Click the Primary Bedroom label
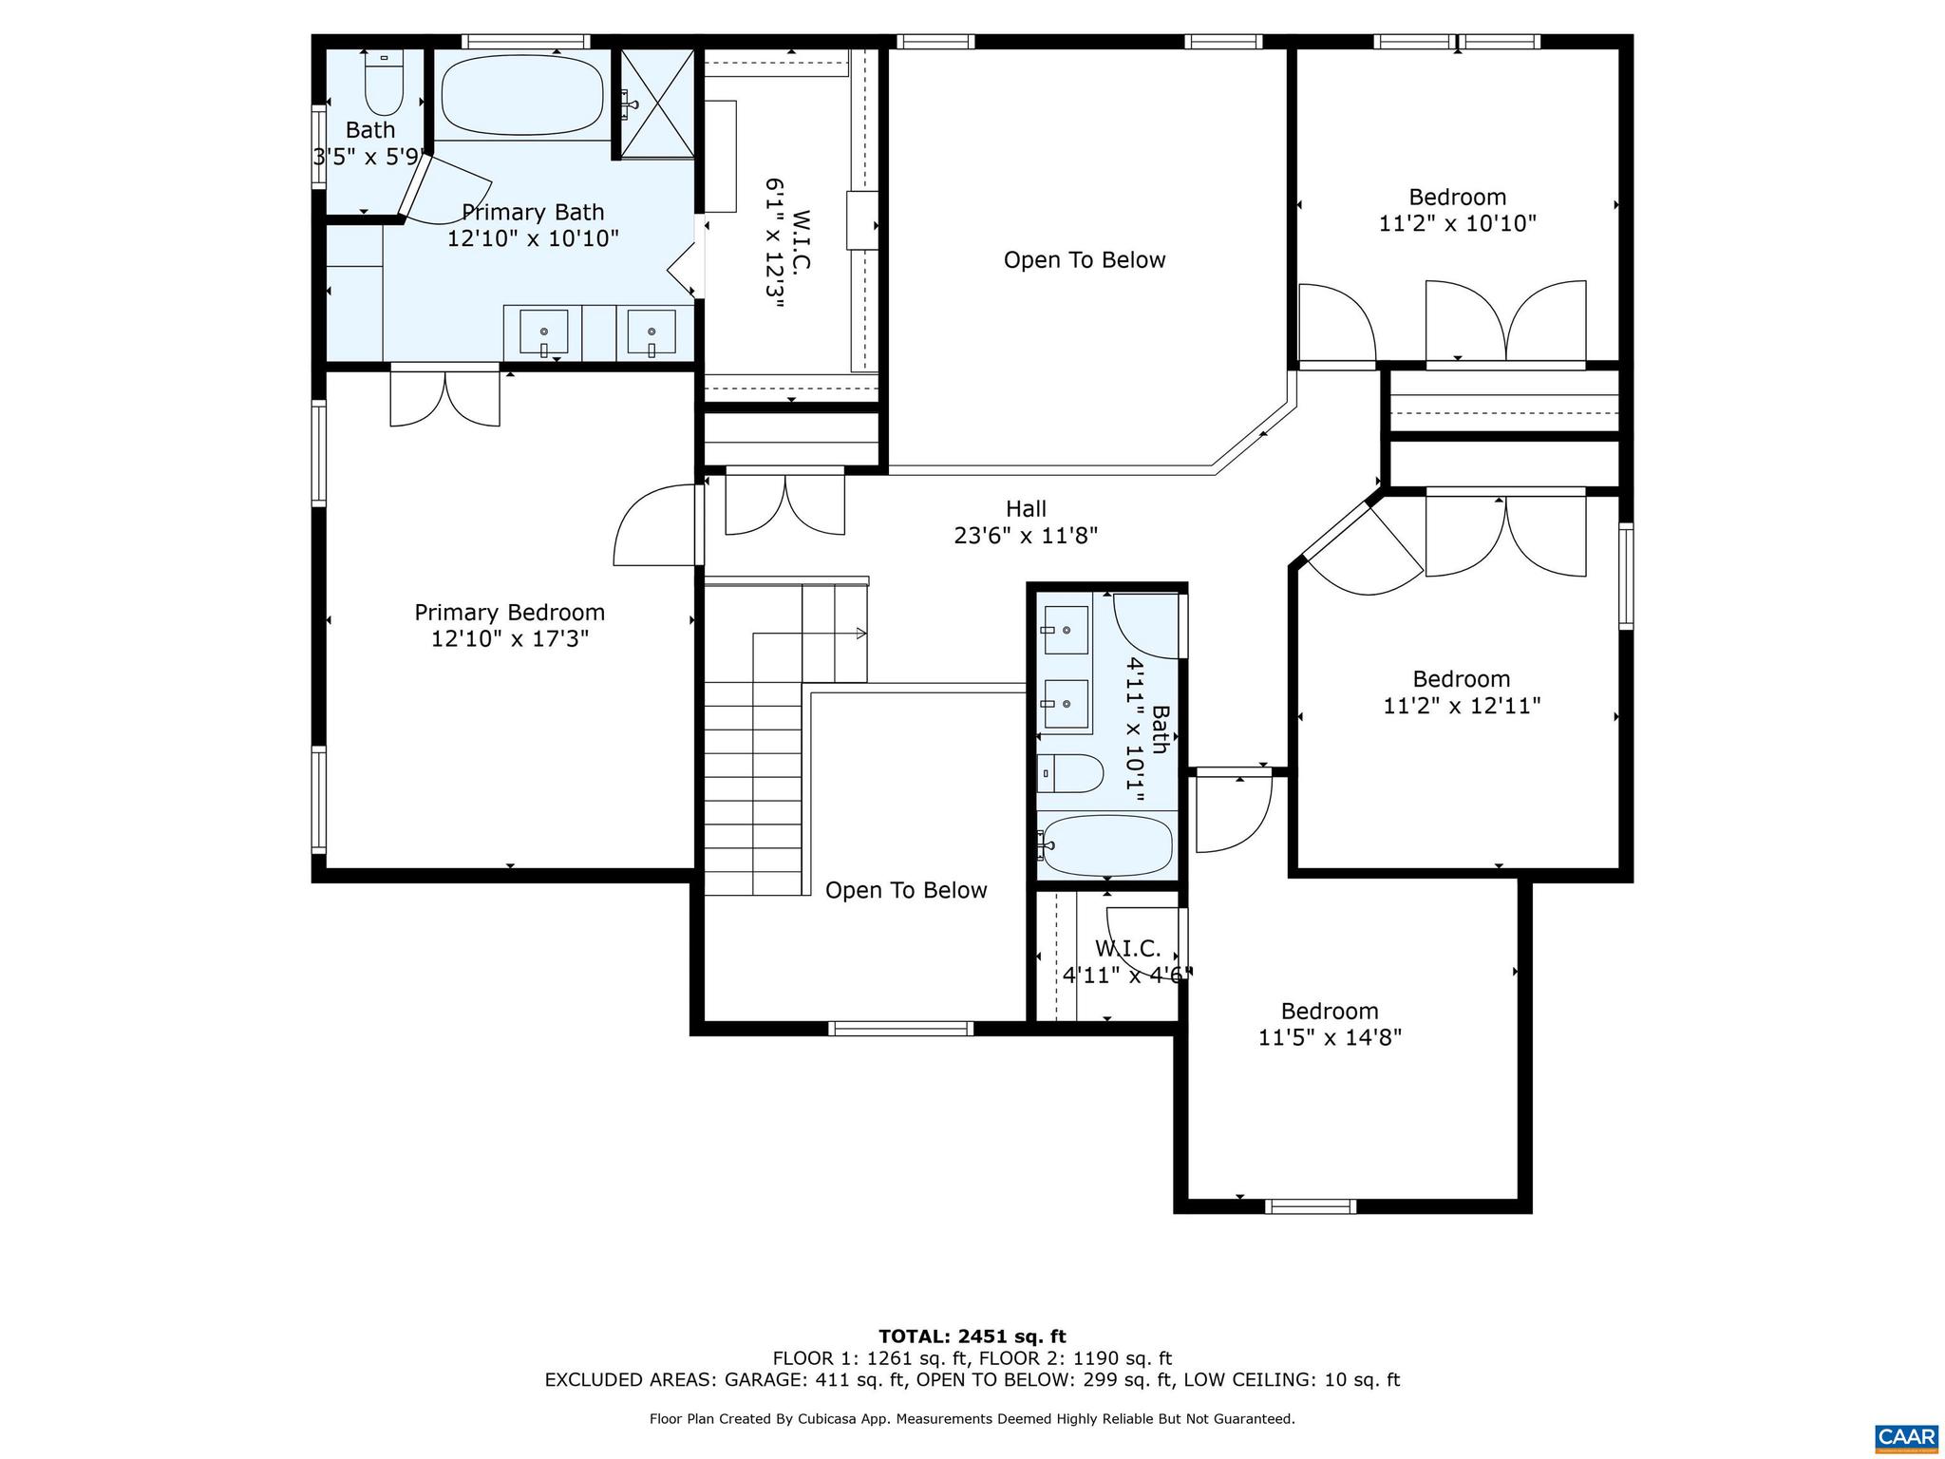tap(510, 613)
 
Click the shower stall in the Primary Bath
tap(658, 103)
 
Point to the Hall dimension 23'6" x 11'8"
tap(1026, 536)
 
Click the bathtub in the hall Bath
tap(1106, 844)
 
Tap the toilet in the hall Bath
tap(1069, 774)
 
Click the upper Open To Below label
tap(1085, 260)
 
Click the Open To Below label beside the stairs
tap(906, 890)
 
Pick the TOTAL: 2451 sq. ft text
tap(972, 1337)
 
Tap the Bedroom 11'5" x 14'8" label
tap(1330, 1012)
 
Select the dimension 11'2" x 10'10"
tap(1458, 224)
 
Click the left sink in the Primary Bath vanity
tap(544, 332)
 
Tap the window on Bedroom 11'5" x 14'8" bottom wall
tap(1310, 1206)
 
